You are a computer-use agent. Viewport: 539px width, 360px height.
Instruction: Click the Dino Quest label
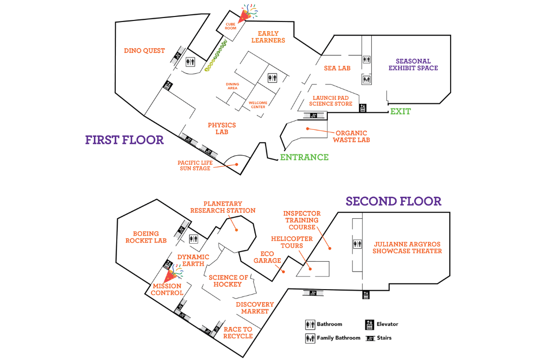click(x=144, y=50)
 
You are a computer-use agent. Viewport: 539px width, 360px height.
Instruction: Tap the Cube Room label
click(x=230, y=26)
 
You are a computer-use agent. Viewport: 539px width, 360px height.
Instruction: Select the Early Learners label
click(x=268, y=37)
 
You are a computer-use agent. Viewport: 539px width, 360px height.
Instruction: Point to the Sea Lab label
click(x=337, y=68)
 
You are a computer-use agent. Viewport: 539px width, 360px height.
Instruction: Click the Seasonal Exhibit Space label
click(x=413, y=64)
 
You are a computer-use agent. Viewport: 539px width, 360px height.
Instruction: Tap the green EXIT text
click(x=400, y=111)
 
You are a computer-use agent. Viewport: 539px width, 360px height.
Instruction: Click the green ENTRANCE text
click(x=304, y=157)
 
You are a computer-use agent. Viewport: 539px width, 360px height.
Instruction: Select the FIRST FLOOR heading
click(x=124, y=140)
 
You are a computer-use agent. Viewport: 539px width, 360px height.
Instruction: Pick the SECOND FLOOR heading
click(x=394, y=201)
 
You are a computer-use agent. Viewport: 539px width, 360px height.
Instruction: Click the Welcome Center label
click(x=258, y=105)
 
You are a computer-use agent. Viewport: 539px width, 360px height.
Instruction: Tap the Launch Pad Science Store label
click(x=331, y=101)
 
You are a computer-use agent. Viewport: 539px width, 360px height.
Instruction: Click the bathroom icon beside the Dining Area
click(x=272, y=78)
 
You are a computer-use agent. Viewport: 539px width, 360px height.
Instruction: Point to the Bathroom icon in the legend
click(x=310, y=324)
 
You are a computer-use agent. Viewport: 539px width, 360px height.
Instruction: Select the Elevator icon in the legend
click(x=369, y=324)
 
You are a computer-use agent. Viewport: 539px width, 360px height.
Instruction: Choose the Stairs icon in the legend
click(x=370, y=339)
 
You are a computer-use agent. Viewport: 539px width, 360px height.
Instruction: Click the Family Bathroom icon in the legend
click(x=310, y=339)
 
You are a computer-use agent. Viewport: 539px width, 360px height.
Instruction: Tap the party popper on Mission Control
click(x=173, y=274)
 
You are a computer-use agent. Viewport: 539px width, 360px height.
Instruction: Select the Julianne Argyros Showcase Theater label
click(x=407, y=248)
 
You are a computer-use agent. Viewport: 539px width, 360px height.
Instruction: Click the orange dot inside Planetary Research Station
click(x=237, y=230)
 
